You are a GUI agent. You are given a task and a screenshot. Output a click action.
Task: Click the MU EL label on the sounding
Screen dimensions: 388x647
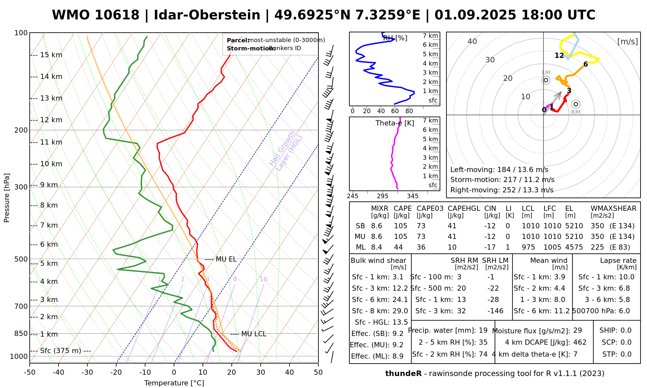tap(226, 259)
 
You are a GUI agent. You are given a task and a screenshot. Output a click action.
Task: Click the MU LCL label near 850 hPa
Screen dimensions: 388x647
tap(254, 334)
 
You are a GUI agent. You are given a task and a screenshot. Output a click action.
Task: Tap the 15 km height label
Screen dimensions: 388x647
tap(51, 55)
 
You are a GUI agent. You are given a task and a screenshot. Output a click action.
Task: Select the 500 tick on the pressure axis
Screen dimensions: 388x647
tap(21, 259)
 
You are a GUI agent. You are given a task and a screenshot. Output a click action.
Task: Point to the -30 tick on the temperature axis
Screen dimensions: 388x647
tap(87, 372)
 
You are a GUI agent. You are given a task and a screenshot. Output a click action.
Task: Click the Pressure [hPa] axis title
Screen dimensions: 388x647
tap(7, 198)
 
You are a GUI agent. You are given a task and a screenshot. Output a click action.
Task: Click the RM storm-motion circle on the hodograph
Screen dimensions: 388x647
tap(576, 104)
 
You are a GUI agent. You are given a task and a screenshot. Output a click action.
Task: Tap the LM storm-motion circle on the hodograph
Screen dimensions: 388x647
tap(546, 80)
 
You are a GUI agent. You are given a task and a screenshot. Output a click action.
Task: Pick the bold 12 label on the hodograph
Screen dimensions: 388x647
tap(559, 56)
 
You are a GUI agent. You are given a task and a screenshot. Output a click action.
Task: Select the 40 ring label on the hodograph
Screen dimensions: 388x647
tap(472, 41)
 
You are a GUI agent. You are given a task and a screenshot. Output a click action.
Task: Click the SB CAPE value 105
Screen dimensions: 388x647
tap(400, 226)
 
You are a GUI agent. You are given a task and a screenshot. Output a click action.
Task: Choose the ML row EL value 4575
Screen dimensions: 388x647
tap(574, 247)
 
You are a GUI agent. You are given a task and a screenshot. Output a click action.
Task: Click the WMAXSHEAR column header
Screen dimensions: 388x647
tap(613, 209)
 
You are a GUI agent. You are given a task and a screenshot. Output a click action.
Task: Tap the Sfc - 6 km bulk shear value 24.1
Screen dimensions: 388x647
tap(400, 300)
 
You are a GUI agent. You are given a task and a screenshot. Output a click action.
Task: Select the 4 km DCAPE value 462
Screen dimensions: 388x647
tap(580, 342)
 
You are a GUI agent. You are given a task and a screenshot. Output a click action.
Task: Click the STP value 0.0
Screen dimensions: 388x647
tap(626, 354)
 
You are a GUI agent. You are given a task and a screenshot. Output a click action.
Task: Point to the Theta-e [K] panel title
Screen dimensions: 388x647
tap(395, 123)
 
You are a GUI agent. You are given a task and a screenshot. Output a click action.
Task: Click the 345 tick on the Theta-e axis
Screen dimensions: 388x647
tap(412, 196)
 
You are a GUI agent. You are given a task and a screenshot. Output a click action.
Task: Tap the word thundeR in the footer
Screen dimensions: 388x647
tap(403, 374)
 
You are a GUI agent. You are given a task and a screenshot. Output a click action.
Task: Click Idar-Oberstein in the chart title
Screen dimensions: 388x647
tap(207, 15)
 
